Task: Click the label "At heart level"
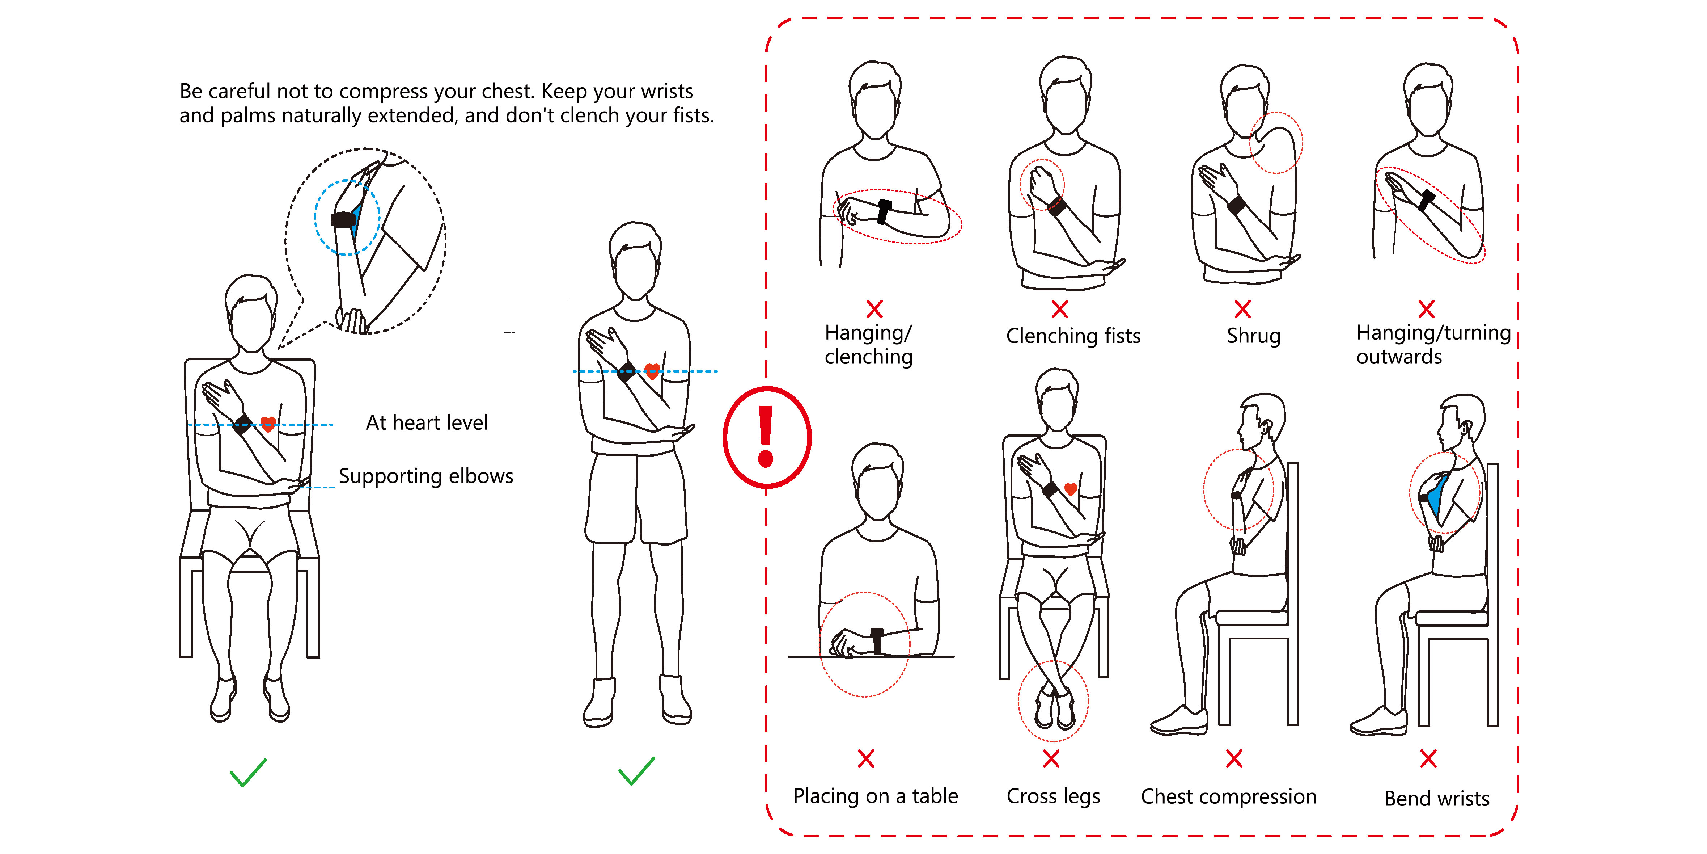(x=427, y=422)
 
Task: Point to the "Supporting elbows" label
(x=426, y=476)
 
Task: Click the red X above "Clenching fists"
(x=1060, y=309)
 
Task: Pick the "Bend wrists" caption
(x=1437, y=798)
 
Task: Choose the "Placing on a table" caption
(x=875, y=796)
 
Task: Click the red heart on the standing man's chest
(x=652, y=371)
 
